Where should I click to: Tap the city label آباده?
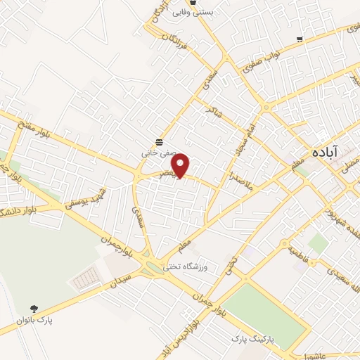(x=324, y=152)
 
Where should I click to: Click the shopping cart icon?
(x=300, y=39)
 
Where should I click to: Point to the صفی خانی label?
(x=159, y=150)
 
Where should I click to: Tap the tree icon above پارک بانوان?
(x=33, y=308)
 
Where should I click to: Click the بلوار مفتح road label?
(x=38, y=129)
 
